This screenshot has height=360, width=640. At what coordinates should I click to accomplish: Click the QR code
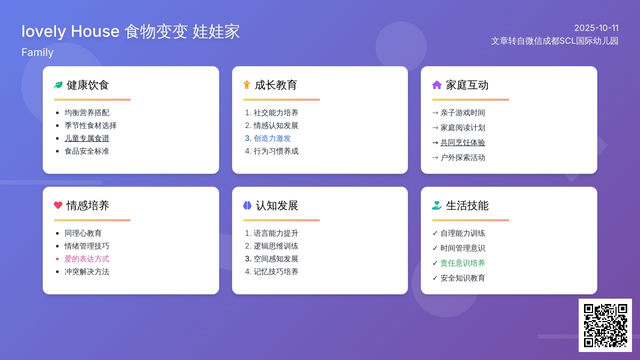(605, 325)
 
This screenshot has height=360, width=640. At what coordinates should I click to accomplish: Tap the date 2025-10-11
(596, 28)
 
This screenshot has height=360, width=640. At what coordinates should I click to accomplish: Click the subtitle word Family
(37, 52)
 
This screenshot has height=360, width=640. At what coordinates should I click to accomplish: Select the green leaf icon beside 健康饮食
(58, 85)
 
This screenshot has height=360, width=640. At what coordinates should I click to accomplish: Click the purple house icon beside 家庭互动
(437, 85)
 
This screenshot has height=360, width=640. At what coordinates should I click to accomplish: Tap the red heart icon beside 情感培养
(58, 205)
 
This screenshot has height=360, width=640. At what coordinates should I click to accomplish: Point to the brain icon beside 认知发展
(247, 205)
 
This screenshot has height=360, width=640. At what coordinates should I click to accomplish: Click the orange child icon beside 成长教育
(246, 85)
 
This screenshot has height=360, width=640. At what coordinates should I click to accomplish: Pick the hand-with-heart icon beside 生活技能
(437, 205)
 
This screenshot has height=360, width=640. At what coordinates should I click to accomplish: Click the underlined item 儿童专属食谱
(87, 138)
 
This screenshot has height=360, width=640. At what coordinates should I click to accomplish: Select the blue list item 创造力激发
(272, 138)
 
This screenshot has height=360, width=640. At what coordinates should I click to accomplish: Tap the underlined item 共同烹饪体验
(462, 142)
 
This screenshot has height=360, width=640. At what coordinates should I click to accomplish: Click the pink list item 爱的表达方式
(87, 259)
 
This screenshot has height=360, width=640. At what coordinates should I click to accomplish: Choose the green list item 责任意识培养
(462, 263)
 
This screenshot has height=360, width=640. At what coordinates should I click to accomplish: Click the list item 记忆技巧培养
(276, 271)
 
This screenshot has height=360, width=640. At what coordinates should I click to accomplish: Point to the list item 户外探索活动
(462, 157)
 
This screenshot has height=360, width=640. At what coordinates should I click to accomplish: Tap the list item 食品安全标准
(87, 151)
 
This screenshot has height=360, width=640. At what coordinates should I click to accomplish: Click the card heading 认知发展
(277, 205)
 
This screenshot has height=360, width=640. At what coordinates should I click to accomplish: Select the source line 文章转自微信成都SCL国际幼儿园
(555, 41)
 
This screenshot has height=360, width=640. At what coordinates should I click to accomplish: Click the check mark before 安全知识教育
(435, 278)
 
